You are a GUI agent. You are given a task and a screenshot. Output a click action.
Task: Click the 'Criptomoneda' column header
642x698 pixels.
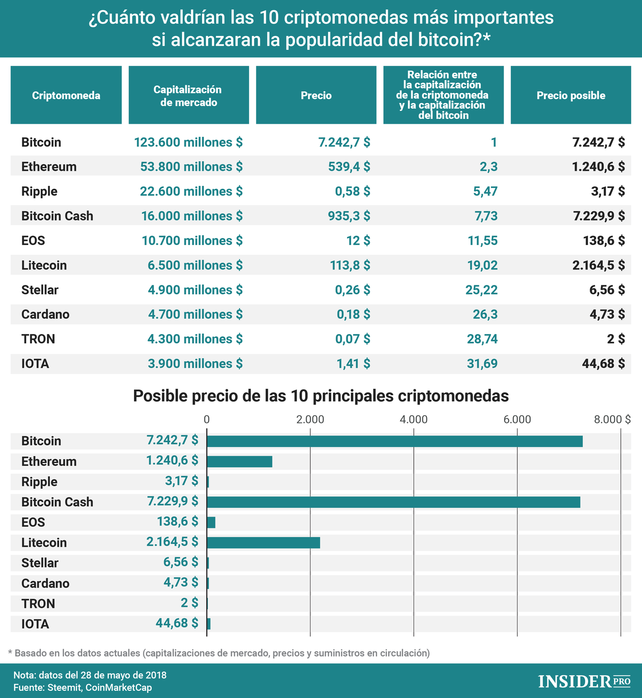pos(66,95)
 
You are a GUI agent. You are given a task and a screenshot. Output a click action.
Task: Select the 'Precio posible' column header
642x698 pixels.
pos(571,95)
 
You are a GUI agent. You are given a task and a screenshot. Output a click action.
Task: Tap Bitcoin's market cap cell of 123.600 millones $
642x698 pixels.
pos(188,142)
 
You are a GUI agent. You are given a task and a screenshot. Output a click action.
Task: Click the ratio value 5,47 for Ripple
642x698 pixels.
pos(485,191)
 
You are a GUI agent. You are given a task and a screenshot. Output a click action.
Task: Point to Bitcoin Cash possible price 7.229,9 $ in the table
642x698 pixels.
pos(599,216)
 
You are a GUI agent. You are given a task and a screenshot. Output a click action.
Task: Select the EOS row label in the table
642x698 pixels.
pos(33,241)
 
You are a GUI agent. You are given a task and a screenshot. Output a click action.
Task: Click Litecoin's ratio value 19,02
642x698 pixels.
pos(482,265)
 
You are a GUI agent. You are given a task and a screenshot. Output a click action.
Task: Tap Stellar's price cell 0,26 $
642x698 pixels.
pos(353,290)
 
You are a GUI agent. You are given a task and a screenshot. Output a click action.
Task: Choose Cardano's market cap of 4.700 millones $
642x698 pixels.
pos(195,314)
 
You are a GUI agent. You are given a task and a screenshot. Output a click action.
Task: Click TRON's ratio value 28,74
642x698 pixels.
pos(482,339)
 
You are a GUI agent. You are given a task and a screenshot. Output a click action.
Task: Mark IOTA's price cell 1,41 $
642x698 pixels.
pos(354,364)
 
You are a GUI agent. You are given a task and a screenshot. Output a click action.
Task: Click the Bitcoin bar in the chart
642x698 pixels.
pos(395,441)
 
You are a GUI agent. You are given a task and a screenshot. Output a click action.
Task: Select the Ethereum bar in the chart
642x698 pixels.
pos(240,462)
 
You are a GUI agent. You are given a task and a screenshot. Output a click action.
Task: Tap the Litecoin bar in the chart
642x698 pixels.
pos(264,543)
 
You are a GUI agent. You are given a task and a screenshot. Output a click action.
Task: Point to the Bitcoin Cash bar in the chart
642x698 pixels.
pos(394,502)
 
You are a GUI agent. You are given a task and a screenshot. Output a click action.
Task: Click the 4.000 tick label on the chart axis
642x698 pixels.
pos(413,419)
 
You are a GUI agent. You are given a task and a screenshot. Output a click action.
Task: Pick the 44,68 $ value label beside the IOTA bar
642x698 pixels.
pos(177,623)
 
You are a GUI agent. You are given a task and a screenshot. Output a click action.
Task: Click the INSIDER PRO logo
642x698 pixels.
pos(584,681)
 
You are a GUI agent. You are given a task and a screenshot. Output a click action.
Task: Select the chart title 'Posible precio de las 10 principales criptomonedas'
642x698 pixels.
pos(321,396)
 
